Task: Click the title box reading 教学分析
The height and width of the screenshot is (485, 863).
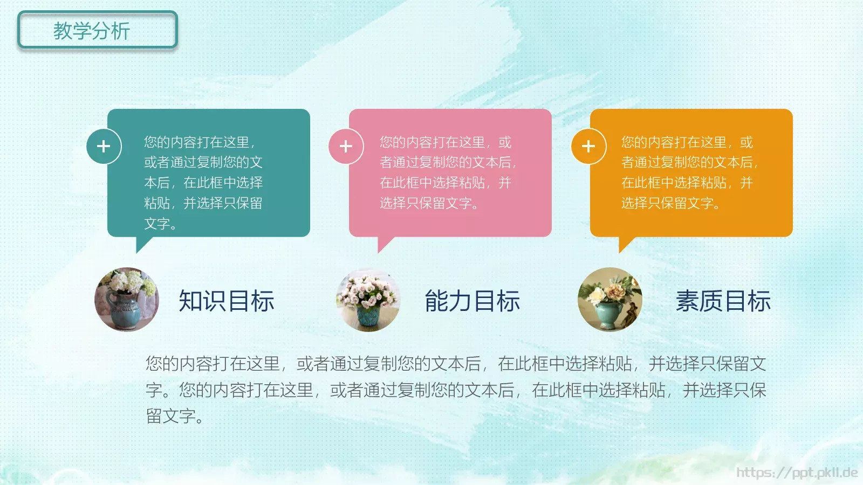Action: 98,31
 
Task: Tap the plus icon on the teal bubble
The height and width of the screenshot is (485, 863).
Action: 104,146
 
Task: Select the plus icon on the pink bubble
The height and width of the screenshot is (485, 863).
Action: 346,146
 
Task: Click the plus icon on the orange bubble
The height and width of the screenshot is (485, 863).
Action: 588,146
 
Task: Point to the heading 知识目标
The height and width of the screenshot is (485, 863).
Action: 227,301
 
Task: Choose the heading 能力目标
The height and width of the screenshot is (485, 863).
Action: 472,301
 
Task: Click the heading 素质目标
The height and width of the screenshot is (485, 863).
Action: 723,301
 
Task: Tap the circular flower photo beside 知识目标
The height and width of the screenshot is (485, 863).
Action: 127,300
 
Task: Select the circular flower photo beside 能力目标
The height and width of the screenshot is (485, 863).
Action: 368,300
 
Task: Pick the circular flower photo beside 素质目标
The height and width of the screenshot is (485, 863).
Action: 610,300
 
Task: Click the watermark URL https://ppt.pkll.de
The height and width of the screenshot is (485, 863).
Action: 797,473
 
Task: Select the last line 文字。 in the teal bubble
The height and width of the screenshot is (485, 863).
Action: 160,224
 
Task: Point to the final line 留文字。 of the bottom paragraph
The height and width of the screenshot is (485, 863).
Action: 175,416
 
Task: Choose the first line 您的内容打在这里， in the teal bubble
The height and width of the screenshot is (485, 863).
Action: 200,142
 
